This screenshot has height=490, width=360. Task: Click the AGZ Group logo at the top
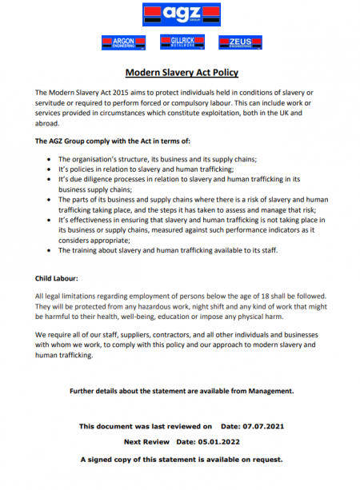point(181,13)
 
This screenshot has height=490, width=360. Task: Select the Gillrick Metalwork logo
point(181,42)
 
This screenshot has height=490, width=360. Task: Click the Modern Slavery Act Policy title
point(182,73)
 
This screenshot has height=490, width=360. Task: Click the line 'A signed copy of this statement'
point(181,460)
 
